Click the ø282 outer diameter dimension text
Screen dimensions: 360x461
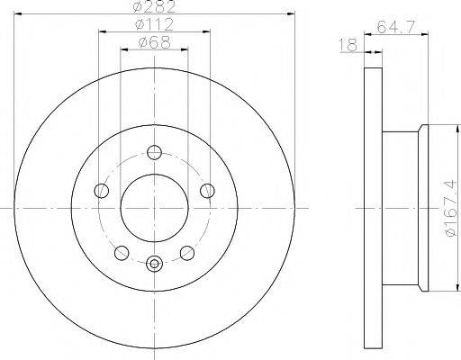click(154, 7)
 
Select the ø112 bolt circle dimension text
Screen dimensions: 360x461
click(154, 25)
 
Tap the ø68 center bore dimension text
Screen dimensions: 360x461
click(154, 42)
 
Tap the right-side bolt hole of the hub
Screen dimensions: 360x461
click(207, 190)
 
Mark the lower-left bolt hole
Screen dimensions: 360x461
click(122, 252)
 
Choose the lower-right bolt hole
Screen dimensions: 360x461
click(187, 252)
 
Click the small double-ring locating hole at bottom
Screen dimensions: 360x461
click(154, 264)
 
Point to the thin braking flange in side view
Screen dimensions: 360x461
click(374, 207)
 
